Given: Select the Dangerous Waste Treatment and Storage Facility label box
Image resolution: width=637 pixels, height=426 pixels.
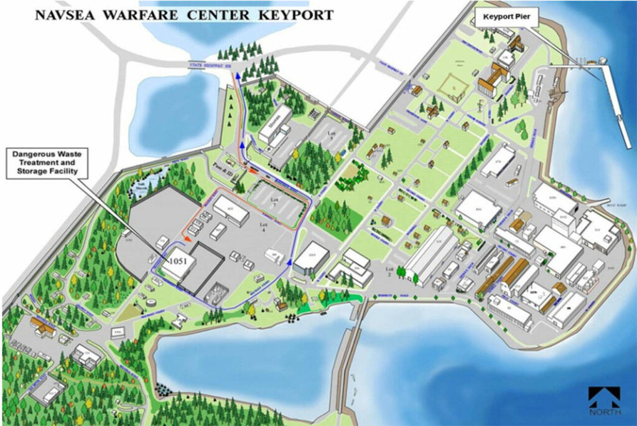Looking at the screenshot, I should pyautogui.click(x=47, y=164).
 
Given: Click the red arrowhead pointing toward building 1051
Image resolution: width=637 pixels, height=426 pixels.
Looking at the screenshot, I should pyautogui.click(x=186, y=239).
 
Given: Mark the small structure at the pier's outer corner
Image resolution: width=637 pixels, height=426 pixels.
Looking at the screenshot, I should pyautogui.click(x=603, y=60).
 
